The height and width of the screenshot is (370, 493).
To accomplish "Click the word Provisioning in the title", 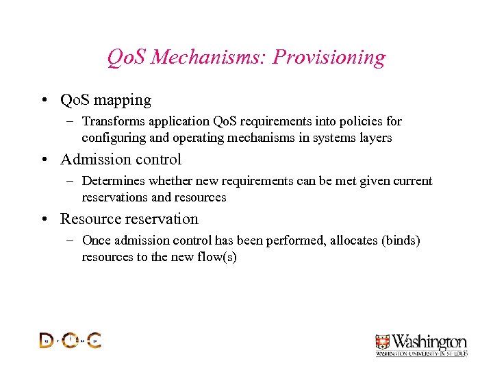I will point(329,57).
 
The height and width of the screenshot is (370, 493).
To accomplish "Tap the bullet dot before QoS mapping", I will point(43,100).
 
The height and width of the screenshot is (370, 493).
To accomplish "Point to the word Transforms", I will point(112,121).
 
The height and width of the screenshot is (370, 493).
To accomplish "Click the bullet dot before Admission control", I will point(43,160).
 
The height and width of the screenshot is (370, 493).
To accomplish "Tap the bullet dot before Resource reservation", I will point(43,219).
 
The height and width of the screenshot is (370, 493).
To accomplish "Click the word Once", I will point(96,241).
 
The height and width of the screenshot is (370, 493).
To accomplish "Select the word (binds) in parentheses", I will point(401,241).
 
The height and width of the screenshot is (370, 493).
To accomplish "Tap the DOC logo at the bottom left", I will point(70,340).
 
